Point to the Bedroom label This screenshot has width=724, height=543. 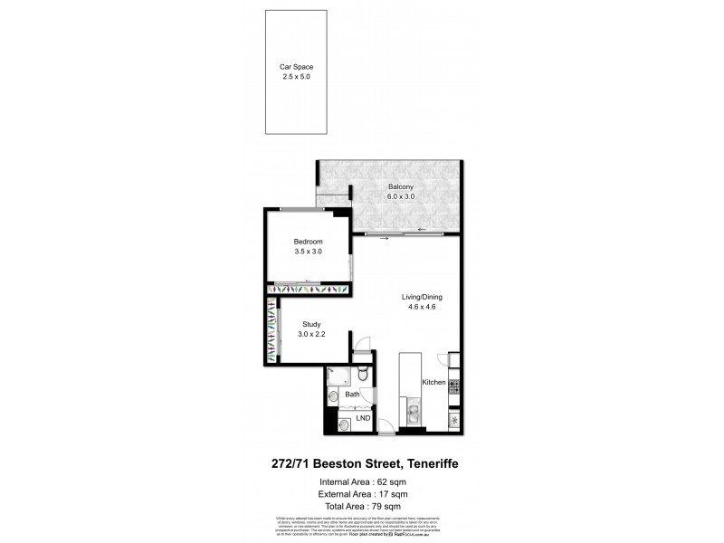(x=309, y=242)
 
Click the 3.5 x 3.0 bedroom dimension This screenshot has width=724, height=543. (x=309, y=252)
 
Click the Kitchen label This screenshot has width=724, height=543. (x=434, y=383)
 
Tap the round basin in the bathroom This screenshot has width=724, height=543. (x=334, y=395)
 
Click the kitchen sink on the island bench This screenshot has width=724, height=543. (x=412, y=414)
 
